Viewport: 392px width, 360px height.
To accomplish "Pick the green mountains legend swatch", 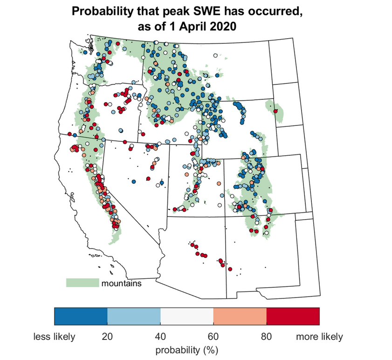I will tap(83, 283).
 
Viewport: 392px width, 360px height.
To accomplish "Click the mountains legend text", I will tap(122, 283).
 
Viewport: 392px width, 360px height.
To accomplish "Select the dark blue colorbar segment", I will tap(81, 316).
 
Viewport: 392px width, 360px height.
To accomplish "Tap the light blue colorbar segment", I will tap(134, 316).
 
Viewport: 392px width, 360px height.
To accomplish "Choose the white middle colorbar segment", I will tap(187, 316).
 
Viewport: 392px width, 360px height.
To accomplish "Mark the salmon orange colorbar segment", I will tap(240, 316).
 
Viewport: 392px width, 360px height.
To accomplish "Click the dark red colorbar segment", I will tap(293, 316).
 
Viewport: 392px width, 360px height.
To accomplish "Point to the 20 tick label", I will tap(108, 337).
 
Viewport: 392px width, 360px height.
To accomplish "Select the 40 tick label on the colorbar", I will tap(160, 337).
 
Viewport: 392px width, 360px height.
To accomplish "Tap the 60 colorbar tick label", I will tap(213, 337).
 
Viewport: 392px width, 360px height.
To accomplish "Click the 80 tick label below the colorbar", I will tap(266, 337).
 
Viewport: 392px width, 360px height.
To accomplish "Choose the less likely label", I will tap(54, 337).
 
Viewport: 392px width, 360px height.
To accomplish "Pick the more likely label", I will tap(319, 337).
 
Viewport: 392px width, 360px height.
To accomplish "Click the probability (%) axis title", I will tap(187, 349).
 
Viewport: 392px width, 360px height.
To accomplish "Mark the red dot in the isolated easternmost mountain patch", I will tap(275, 111).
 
